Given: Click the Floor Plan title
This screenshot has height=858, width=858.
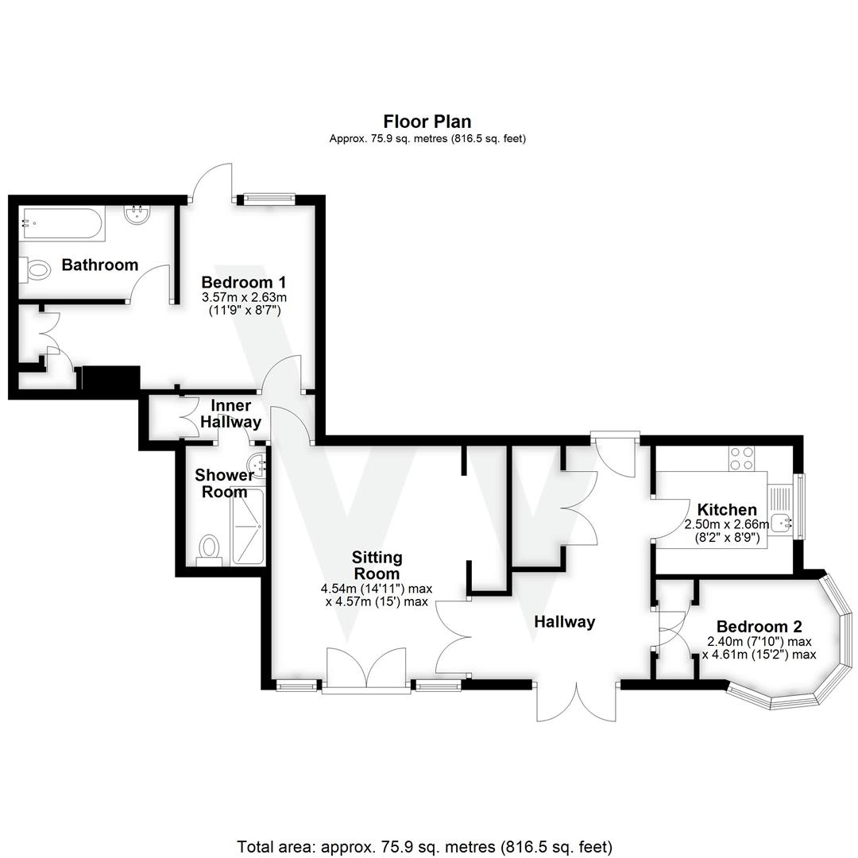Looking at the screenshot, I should click(x=427, y=122).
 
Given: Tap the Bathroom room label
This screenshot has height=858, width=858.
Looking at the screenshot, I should click(x=100, y=265).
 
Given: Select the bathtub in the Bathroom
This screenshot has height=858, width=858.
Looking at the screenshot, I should click(x=62, y=224).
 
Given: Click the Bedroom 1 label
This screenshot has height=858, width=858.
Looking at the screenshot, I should click(x=243, y=282).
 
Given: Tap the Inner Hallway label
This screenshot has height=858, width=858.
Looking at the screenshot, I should click(x=230, y=414).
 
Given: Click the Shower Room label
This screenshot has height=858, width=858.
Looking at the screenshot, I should click(x=225, y=483).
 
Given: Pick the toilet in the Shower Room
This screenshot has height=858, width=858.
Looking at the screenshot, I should click(x=210, y=548).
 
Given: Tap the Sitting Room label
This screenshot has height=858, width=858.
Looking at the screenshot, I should click(x=377, y=565).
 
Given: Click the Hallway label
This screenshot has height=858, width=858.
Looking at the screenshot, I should click(x=564, y=621).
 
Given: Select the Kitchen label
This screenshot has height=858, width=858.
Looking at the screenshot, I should click(x=726, y=509).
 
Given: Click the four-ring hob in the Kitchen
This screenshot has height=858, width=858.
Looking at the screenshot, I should click(x=742, y=458).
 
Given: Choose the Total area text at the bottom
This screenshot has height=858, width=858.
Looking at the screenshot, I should click(x=425, y=846).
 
